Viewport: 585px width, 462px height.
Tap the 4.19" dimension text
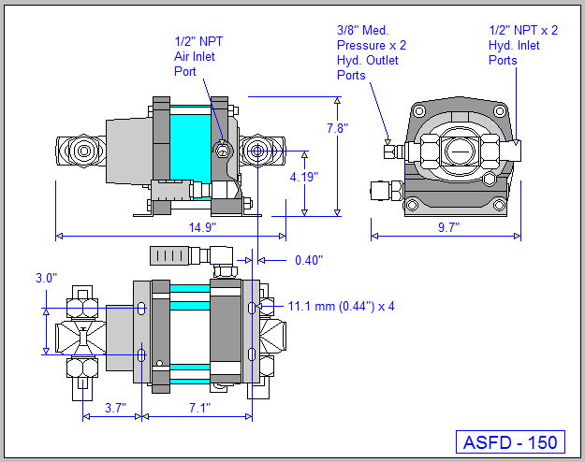point(304,176)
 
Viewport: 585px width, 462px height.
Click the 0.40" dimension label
point(308,260)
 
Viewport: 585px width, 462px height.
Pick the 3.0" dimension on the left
point(46,279)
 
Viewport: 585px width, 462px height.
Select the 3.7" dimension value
point(116,408)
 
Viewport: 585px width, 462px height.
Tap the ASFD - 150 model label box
point(510,441)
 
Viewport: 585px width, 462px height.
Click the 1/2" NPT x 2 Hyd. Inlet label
point(522,45)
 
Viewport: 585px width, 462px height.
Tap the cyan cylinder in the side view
point(192,140)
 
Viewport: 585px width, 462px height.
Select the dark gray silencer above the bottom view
point(173,255)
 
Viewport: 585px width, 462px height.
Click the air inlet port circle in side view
point(223,150)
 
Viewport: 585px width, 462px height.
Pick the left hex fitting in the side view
point(77,150)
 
